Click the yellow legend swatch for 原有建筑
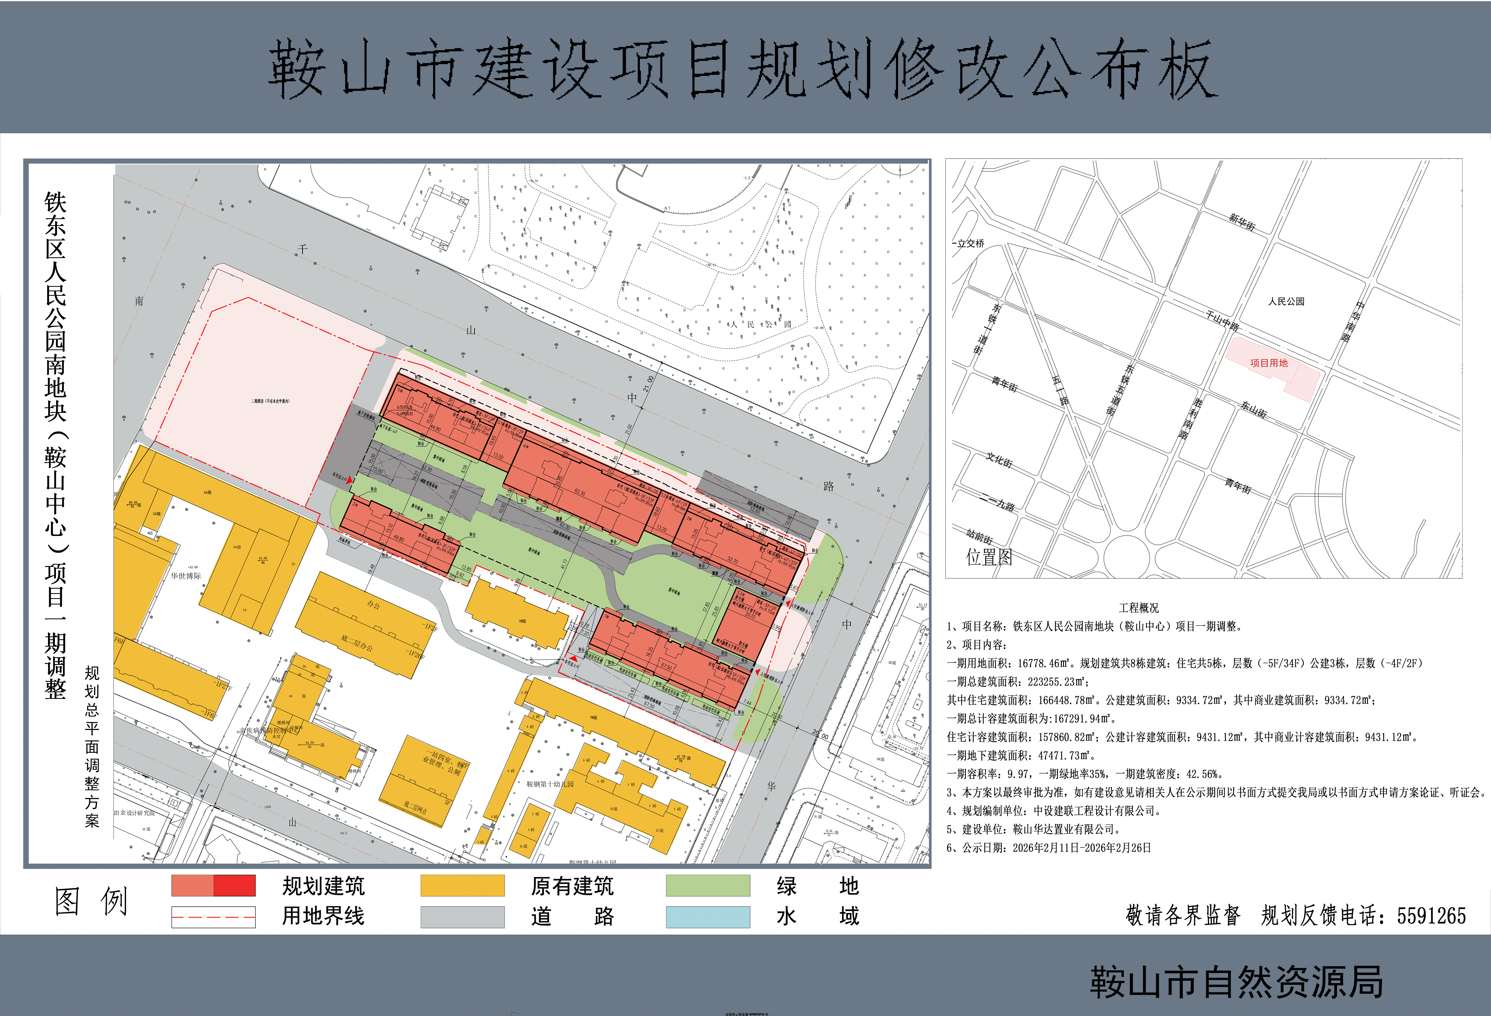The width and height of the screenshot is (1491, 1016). pyautogui.click(x=462, y=886)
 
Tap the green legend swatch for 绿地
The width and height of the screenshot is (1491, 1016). pyautogui.click(x=708, y=886)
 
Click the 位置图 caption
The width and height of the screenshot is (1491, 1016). pyautogui.click(x=989, y=557)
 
